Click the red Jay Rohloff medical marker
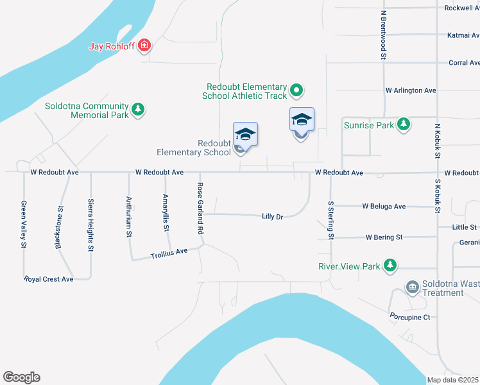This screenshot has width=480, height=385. (145, 45)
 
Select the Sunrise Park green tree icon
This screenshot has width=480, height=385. (403, 124)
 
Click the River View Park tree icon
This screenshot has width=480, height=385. (390, 265)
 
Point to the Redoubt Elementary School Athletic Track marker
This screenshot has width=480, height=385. (296, 90)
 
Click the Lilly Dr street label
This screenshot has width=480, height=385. (273, 217)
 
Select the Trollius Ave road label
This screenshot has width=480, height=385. (169, 252)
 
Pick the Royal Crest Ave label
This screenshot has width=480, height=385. (49, 279)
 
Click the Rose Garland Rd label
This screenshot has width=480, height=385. (200, 207)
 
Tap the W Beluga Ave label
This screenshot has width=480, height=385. (384, 207)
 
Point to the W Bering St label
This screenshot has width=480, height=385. (384, 237)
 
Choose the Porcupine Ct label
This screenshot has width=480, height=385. (409, 317)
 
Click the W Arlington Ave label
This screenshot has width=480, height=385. (411, 90)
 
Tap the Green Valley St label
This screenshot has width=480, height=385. (24, 224)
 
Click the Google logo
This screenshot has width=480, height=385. (21, 377)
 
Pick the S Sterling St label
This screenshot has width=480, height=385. (331, 220)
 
